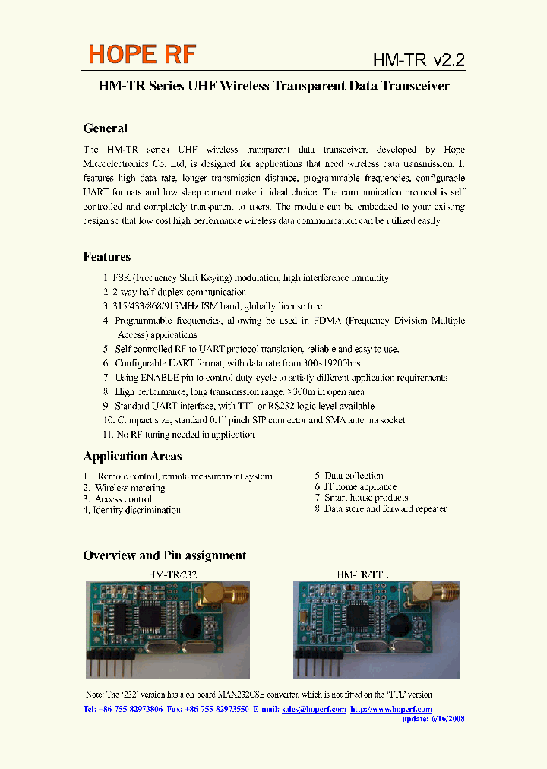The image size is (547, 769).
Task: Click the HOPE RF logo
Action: pos(143,55)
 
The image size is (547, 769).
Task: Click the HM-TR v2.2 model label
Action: pos(418,61)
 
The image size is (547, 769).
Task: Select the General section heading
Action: pos(105,128)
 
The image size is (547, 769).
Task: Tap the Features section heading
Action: pos(106,257)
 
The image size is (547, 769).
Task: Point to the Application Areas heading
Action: pos(132,457)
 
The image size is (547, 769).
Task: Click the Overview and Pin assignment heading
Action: pos(164,555)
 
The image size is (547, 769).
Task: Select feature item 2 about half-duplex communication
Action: pos(175,292)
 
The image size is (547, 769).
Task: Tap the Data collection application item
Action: pos(349,476)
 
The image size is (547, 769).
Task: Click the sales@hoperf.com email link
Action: pos(314,709)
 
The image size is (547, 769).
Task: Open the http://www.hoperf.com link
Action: pos(390,709)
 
